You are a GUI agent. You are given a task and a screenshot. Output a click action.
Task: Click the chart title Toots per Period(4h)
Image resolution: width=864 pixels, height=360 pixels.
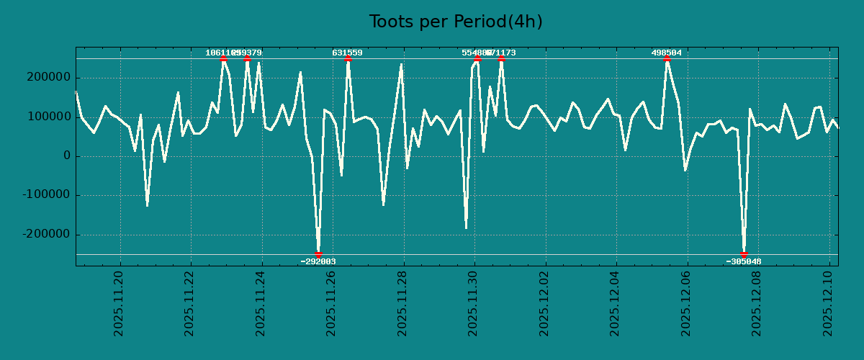(x=456, y=22)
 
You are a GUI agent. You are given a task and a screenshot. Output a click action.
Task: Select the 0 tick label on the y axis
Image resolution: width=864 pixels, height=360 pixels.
(x=67, y=156)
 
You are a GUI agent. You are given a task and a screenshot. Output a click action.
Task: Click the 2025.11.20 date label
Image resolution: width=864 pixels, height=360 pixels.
(x=119, y=303)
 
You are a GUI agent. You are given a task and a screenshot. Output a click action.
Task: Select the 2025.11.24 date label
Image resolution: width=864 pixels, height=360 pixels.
(x=261, y=303)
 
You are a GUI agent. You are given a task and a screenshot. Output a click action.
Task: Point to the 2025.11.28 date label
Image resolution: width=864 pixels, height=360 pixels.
(x=402, y=303)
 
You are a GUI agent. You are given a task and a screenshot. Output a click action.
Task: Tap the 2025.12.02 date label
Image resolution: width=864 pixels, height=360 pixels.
(x=544, y=303)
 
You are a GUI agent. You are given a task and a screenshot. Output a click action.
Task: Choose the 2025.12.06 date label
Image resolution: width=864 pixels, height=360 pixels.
(x=686, y=303)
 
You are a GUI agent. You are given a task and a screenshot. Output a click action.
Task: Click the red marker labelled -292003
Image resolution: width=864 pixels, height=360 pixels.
(x=318, y=254)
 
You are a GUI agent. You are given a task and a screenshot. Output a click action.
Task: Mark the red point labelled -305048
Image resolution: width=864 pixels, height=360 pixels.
(x=744, y=254)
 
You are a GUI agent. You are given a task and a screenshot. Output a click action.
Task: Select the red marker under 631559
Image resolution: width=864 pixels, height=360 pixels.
(x=348, y=59)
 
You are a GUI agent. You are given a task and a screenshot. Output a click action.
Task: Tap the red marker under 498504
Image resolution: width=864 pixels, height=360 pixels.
(x=667, y=59)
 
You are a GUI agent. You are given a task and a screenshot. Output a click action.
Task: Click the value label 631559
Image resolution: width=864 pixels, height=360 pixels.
(x=347, y=53)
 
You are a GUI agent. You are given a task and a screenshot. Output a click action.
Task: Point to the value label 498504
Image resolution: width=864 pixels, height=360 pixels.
(x=666, y=53)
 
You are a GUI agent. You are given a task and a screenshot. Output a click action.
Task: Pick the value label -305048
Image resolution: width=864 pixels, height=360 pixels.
(x=744, y=261)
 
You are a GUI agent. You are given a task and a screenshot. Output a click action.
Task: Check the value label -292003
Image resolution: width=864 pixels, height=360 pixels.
(x=318, y=261)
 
